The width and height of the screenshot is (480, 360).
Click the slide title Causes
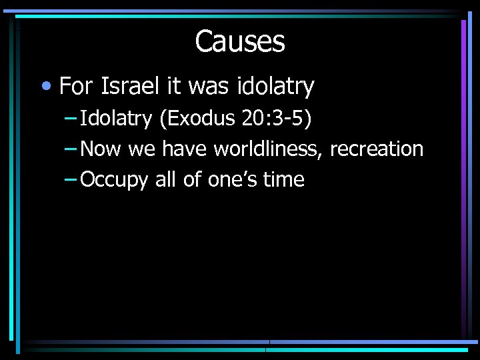coord(240,42)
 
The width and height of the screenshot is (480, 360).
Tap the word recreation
coord(377,149)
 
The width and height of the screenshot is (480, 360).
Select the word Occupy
coord(113,180)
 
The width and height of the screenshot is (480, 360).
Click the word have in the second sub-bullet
coord(184,149)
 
